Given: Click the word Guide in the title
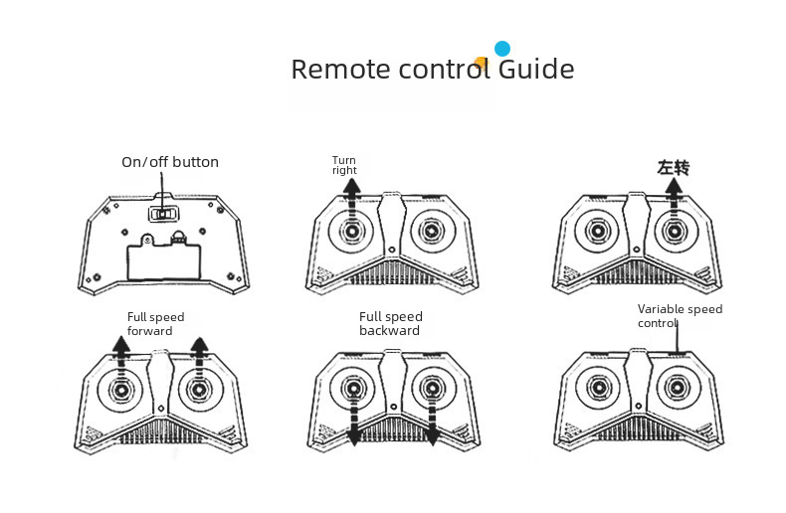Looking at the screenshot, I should (536, 70).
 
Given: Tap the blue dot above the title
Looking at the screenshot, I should (502, 48).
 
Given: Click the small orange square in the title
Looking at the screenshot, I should (483, 64).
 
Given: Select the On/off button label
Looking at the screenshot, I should (170, 162).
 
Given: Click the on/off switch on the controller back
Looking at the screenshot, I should (162, 213).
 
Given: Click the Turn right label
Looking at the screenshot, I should (344, 165).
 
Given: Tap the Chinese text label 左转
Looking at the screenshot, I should (674, 167).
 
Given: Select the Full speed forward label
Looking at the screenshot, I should (156, 324).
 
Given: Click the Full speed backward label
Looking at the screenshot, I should (391, 324).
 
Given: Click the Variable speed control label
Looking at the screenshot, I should (680, 316).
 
